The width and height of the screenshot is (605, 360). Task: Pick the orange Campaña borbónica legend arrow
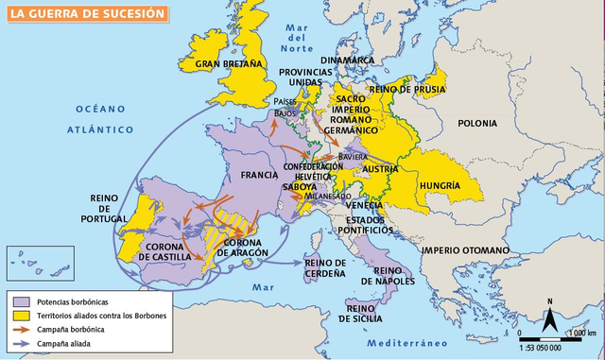click(22, 330)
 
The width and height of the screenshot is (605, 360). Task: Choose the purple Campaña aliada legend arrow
click(22, 346)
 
